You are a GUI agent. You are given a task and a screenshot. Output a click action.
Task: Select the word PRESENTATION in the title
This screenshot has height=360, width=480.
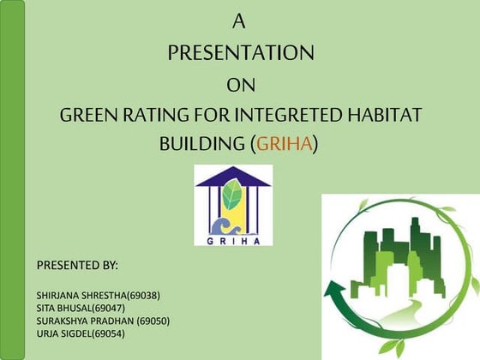coord(240,53)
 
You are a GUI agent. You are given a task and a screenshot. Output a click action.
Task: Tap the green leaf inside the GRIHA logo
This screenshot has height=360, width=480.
coord(232,197)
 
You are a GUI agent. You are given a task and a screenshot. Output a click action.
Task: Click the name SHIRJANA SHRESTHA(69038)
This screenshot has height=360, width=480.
coord(99,296)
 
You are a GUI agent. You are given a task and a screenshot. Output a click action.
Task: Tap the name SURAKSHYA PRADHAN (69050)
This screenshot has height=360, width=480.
coord(103,321)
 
